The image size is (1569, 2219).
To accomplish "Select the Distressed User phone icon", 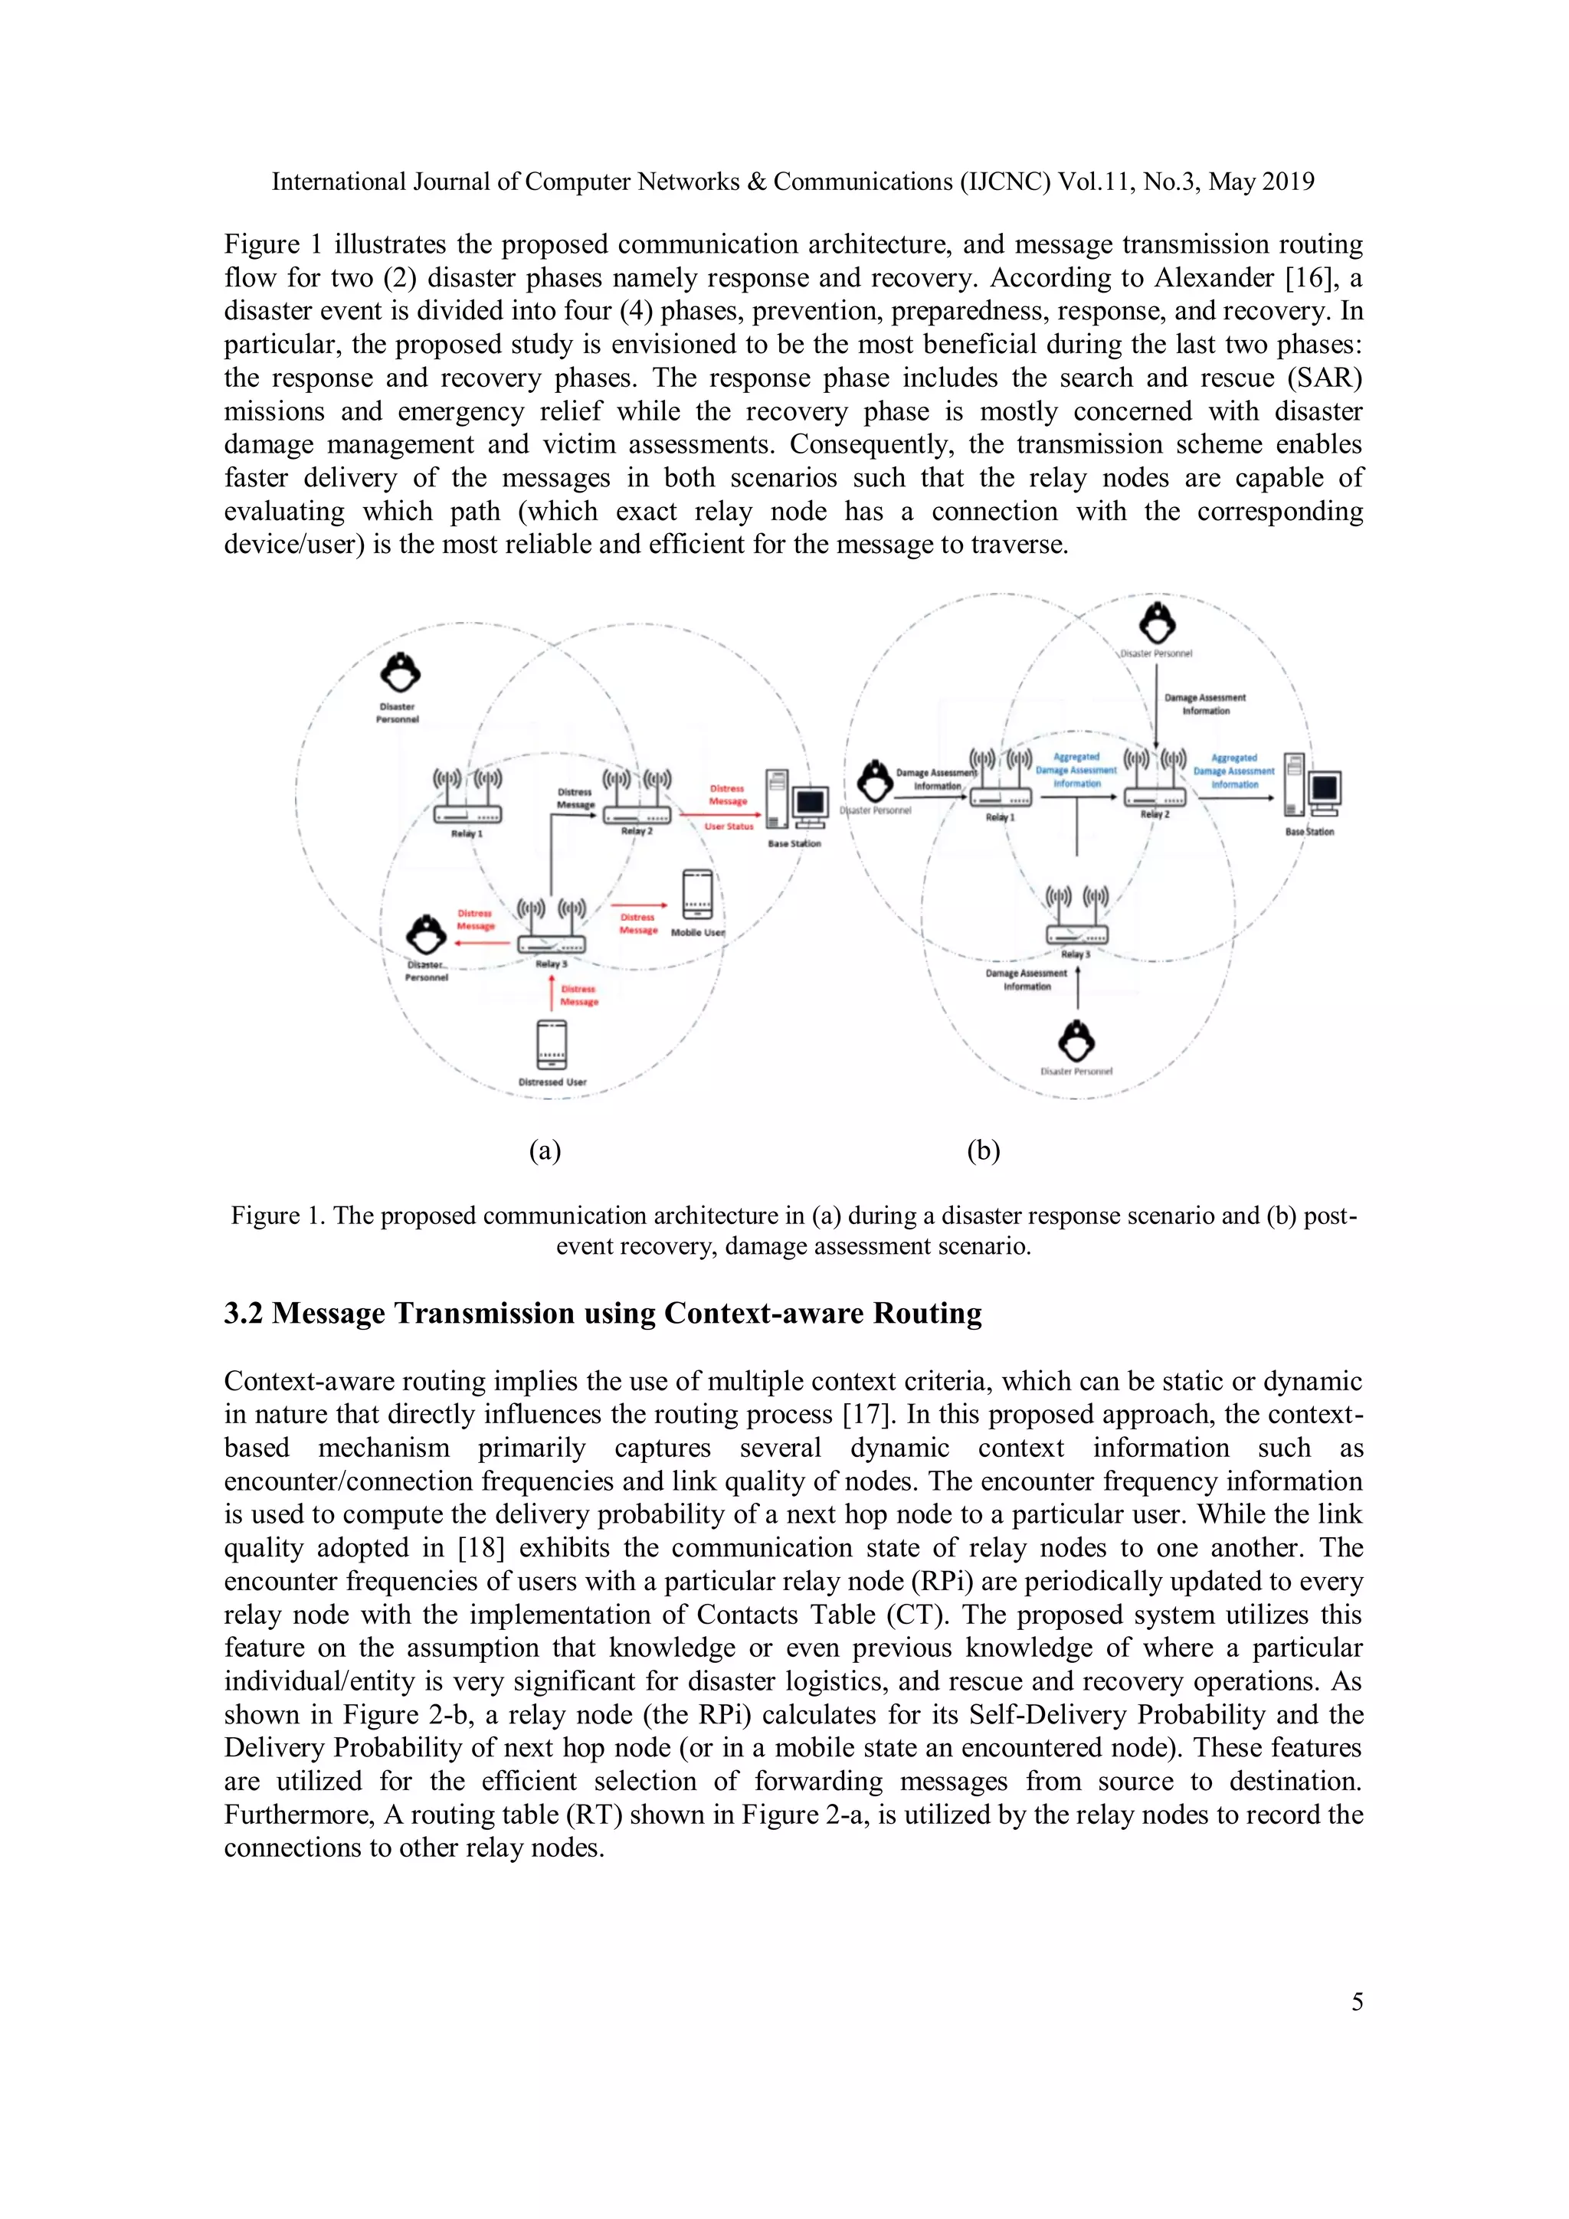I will (x=551, y=1045).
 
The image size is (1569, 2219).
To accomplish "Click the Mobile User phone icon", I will (x=698, y=894).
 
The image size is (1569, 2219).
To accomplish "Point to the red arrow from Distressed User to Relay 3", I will (x=551, y=994).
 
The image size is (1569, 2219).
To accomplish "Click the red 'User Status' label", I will (x=728, y=826).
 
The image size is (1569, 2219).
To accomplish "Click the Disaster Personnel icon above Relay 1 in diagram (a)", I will (x=399, y=673).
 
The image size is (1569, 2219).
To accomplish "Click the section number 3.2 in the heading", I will (x=244, y=1314).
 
